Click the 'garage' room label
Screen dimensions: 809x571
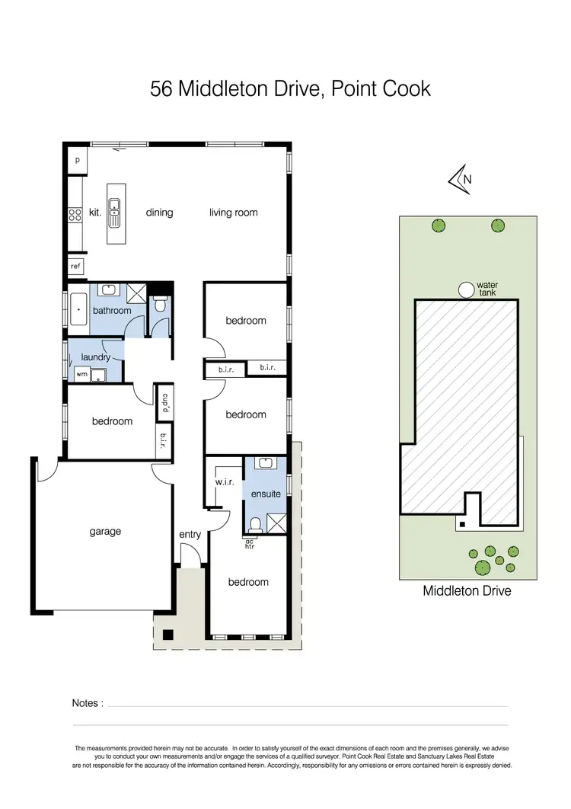(105, 532)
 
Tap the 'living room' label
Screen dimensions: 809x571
(234, 213)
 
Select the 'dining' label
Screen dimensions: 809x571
(159, 213)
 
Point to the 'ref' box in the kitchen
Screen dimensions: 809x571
(75, 267)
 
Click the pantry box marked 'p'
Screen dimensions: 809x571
(77, 161)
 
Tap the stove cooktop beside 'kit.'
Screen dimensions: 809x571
(75, 215)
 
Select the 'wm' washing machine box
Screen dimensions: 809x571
(81, 374)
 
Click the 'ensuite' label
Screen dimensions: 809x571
(266, 494)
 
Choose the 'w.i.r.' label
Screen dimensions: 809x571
(225, 481)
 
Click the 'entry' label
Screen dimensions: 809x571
(190, 534)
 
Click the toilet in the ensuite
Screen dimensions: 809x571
(256, 523)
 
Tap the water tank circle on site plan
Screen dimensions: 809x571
(464, 289)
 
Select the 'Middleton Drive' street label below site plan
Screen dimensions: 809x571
(467, 590)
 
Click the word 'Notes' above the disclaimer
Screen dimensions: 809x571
(85, 703)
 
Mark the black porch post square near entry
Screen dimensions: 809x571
(168, 634)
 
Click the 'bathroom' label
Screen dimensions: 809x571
(112, 311)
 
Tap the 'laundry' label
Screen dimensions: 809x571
(96, 357)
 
